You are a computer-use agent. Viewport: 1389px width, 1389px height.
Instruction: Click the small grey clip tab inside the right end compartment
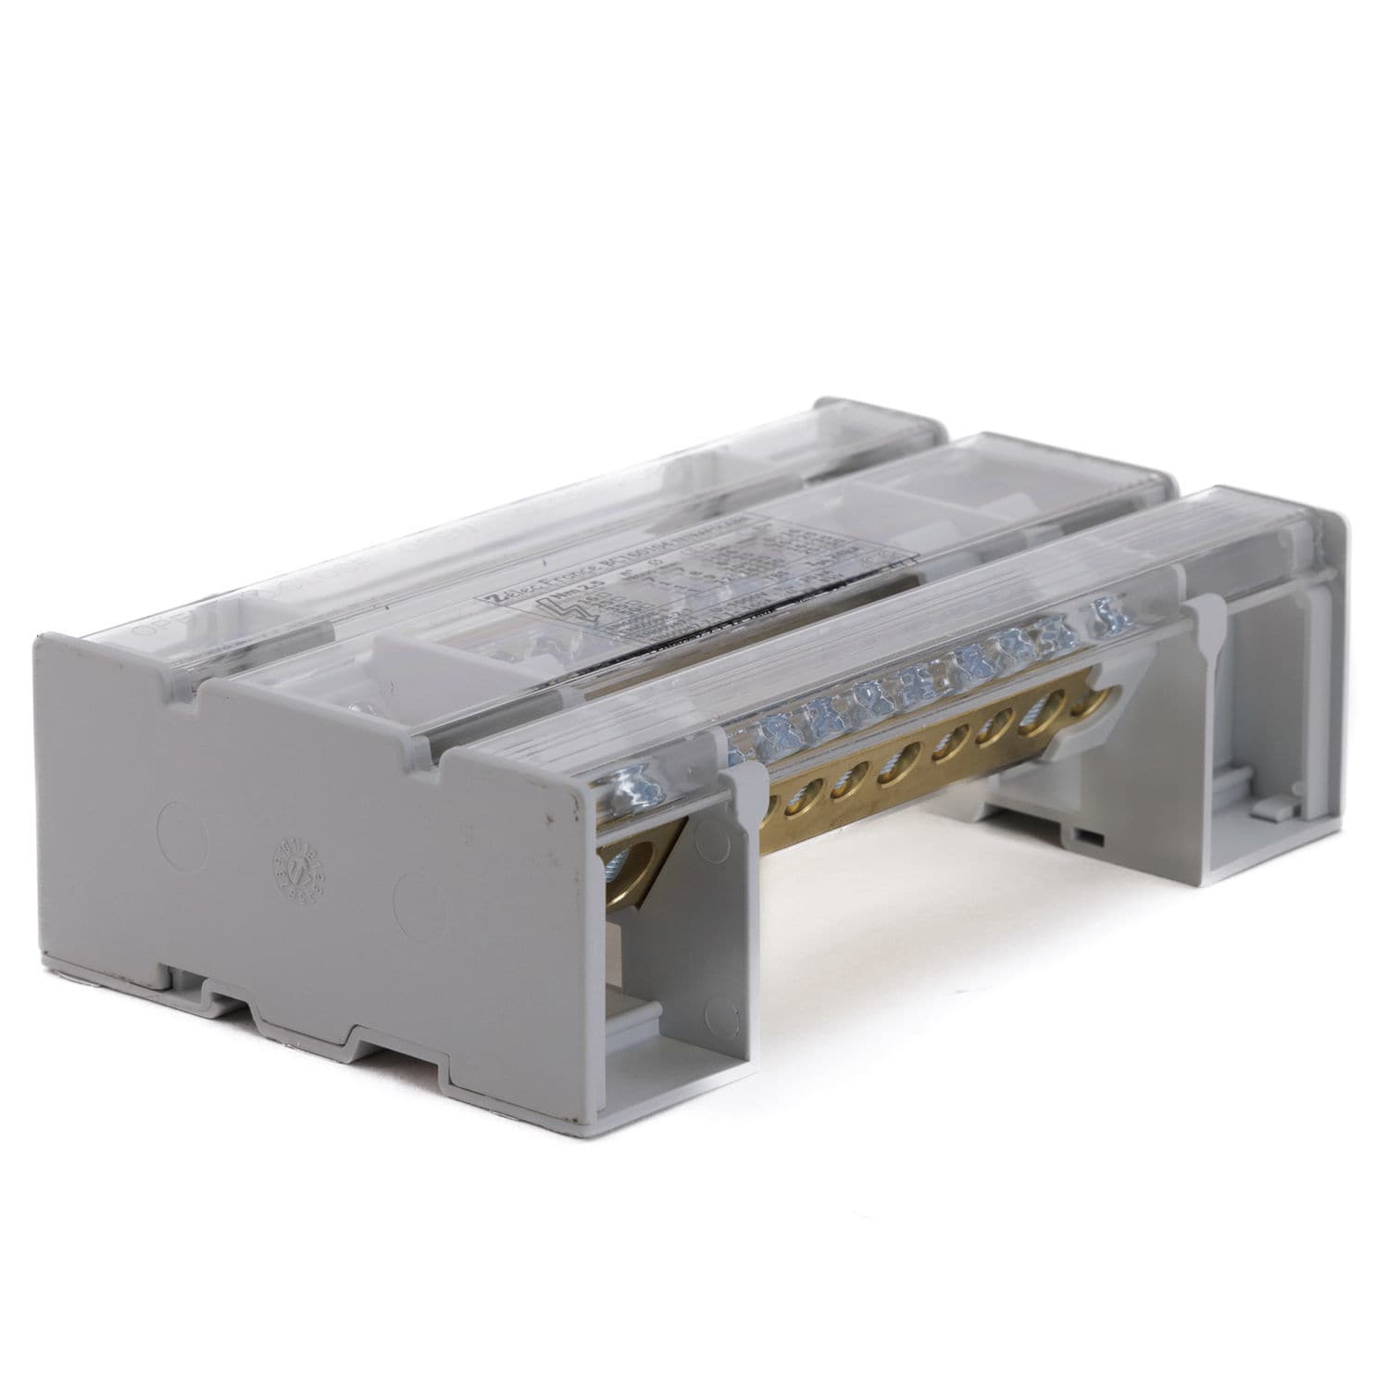(1266, 807)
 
